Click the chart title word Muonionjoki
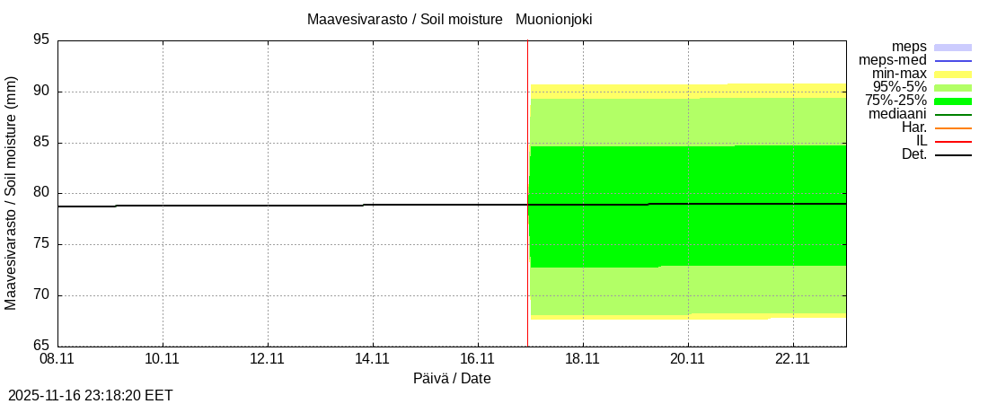(x=553, y=19)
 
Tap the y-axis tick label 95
(x=40, y=40)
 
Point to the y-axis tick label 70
(x=40, y=295)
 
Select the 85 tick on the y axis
(x=40, y=143)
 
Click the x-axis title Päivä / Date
(x=452, y=379)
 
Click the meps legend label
(x=909, y=47)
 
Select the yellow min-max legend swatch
(x=953, y=74)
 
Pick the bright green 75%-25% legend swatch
(x=953, y=101)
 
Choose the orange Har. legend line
(x=953, y=128)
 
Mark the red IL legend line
(x=953, y=142)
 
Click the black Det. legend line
(x=953, y=155)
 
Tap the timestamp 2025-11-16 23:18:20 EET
(x=91, y=395)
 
